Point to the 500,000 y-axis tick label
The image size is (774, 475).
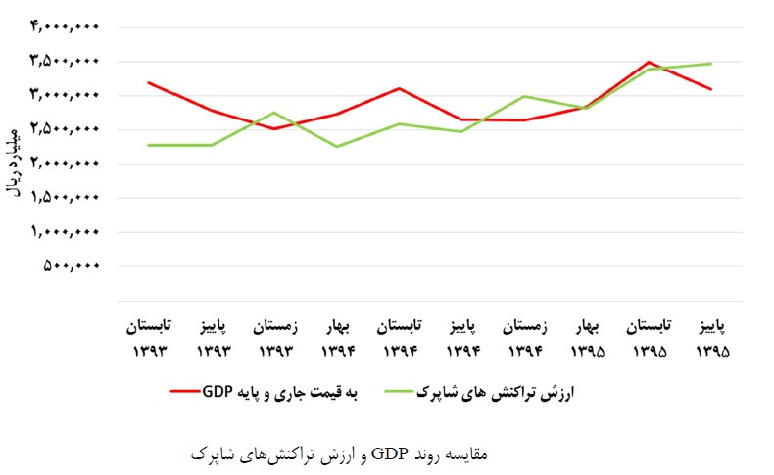point(73,265)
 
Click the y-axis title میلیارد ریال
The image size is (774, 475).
point(14,162)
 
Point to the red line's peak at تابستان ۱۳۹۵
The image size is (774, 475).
point(648,62)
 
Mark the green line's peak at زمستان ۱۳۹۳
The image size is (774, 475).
point(274,113)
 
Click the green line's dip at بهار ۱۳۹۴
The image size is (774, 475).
point(336,147)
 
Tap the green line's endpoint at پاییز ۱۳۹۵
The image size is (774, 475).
point(709,64)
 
